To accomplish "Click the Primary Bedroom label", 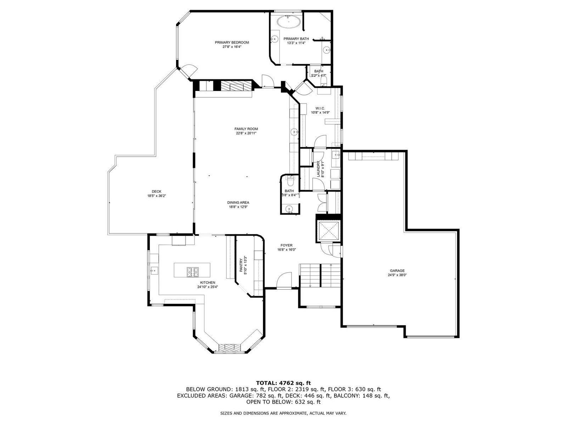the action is coord(232,42).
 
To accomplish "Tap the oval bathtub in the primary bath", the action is coord(289,22).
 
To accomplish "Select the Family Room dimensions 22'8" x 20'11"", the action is coord(246,133).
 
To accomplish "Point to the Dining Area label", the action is coord(238,203).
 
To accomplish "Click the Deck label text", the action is coord(157,192).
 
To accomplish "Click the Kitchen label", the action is coord(207,283).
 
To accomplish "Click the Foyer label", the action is coord(286,245).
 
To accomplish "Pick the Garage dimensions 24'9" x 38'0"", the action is coord(397,275).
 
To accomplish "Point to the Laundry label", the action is coord(318,169).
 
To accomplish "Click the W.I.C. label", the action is coord(320,108).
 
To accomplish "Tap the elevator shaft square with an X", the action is coord(329,231).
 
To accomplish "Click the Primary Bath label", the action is coord(296,39).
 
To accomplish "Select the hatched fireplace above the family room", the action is coord(236,85).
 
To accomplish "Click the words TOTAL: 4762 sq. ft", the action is coord(283,383).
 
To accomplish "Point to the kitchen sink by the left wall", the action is coord(153,271).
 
